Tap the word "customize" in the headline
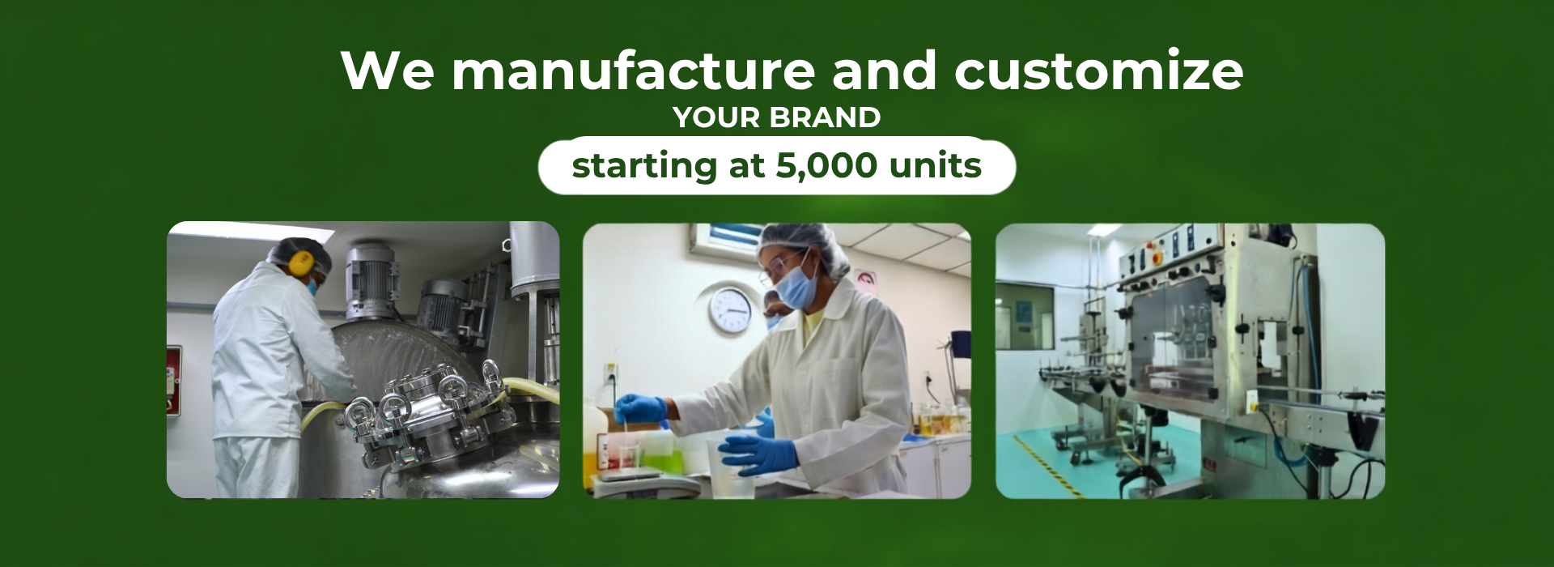(x=1099, y=71)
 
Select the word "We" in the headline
(x=388, y=70)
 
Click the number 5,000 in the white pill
(x=826, y=166)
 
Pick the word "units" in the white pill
(x=936, y=165)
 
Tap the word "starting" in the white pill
(x=644, y=167)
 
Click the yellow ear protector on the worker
(x=300, y=262)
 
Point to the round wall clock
(x=730, y=310)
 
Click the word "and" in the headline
(x=885, y=70)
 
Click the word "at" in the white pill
(x=746, y=166)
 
